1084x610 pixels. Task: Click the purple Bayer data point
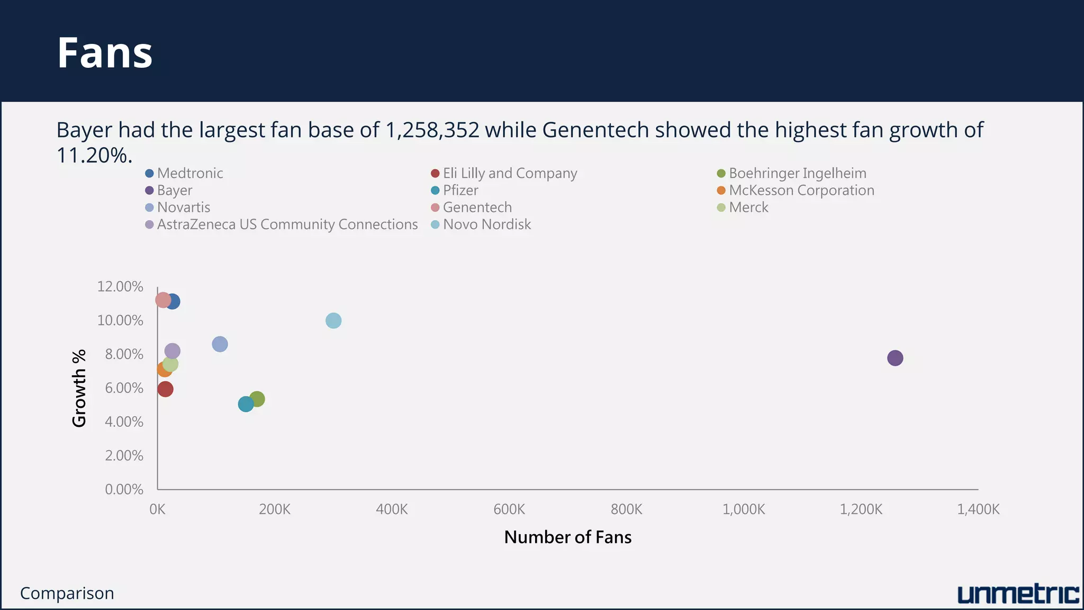(895, 358)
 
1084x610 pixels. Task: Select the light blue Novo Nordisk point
(333, 320)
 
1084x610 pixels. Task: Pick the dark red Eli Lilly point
(165, 389)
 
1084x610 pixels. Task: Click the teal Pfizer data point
(246, 404)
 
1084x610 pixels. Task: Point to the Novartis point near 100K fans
(220, 344)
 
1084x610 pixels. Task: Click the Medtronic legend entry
(189, 173)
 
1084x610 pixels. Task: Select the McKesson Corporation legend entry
(801, 190)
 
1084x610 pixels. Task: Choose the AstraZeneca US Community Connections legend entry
(287, 225)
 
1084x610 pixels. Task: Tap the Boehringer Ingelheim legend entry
(797, 173)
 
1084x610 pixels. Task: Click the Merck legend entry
(748, 207)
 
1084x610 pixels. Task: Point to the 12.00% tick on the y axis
(120, 286)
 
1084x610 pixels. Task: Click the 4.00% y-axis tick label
(124, 421)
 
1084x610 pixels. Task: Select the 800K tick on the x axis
(626, 509)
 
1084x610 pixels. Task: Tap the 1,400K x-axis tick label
(978, 509)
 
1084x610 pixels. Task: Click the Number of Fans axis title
(567, 537)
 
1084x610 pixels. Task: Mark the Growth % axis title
(79, 388)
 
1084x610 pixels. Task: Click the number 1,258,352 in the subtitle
(432, 130)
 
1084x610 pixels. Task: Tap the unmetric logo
(1018, 594)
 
